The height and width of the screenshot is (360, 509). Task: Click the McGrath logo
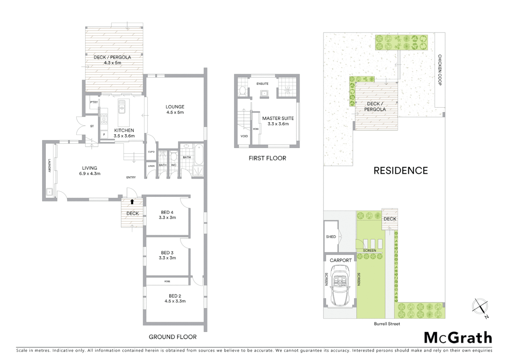click(x=458, y=338)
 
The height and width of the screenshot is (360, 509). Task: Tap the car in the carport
click(x=341, y=286)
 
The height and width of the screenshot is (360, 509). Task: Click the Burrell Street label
click(x=387, y=324)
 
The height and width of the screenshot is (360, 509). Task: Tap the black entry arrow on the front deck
click(x=132, y=202)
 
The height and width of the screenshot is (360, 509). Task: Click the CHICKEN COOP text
click(x=440, y=70)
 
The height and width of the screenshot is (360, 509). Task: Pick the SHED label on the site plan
click(x=331, y=237)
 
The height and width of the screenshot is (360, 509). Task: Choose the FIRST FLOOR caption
click(x=267, y=158)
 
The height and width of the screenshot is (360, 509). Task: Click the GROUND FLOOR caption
click(x=173, y=337)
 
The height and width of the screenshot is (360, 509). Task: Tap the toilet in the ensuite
click(x=243, y=91)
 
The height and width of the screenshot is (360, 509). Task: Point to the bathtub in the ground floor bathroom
click(x=199, y=154)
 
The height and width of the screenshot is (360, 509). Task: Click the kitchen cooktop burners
click(x=104, y=119)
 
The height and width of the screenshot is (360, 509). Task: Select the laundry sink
click(x=49, y=192)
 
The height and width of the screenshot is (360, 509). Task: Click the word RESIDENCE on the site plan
click(x=400, y=171)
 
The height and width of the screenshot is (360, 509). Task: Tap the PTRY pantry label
click(x=94, y=102)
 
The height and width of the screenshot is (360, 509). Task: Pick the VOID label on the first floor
click(x=244, y=136)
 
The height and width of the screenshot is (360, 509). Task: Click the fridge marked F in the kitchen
click(x=104, y=135)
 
